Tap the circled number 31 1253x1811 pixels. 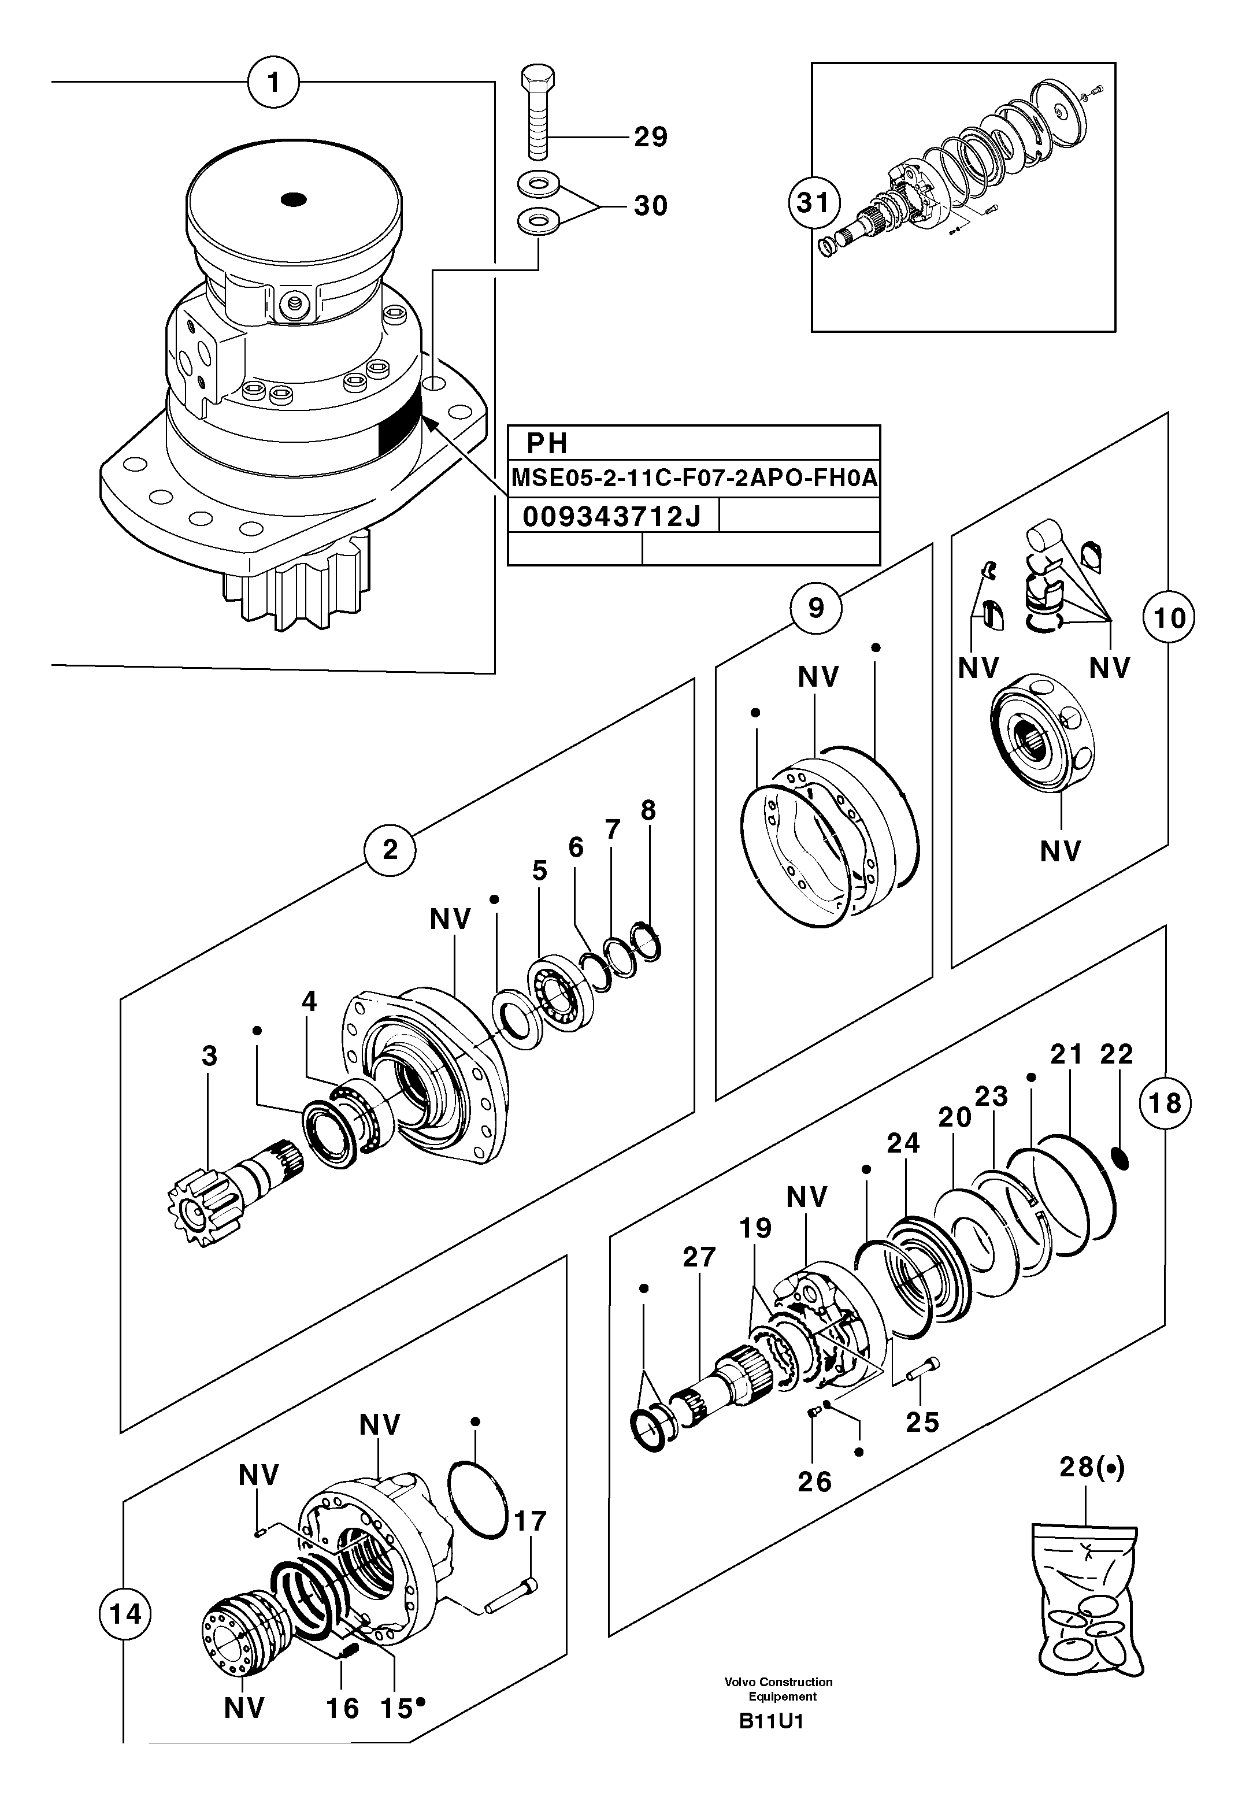click(813, 203)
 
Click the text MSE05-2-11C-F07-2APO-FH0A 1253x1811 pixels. click(693, 478)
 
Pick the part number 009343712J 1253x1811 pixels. click(611, 517)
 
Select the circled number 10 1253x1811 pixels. click(1169, 618)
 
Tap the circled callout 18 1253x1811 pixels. click(1165, 1103)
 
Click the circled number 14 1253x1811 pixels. click(125, 1614)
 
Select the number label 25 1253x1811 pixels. click(922, 1421)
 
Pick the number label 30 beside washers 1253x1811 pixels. click(650, 206)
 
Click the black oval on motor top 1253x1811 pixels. click(294, 200)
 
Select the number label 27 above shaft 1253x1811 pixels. click(699, 1257)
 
